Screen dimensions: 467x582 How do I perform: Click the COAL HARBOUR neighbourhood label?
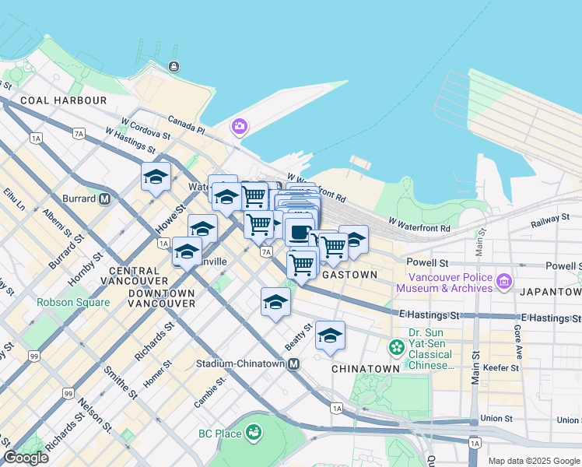[x=64, y=100]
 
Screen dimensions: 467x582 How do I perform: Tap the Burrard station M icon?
[x=104, y=198]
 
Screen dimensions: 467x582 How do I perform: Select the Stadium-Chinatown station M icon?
[x=294, y=363]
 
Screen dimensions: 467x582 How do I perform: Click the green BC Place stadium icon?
[x=253, y=432]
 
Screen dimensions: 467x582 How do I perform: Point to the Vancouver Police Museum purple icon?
[x=504, y=280]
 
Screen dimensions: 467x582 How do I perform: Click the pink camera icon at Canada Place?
[x=239, y=126]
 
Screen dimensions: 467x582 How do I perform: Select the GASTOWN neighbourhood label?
[x=349, y=275]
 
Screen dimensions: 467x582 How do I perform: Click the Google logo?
[x=26, y=458]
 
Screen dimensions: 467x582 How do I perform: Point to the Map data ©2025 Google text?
[x=533, y=461]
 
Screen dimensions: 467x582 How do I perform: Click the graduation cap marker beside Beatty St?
[x=330, y=335]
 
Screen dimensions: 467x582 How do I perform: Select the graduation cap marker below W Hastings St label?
[x=156, y=177]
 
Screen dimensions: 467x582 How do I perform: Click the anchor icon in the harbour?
[x=172, y=67]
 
